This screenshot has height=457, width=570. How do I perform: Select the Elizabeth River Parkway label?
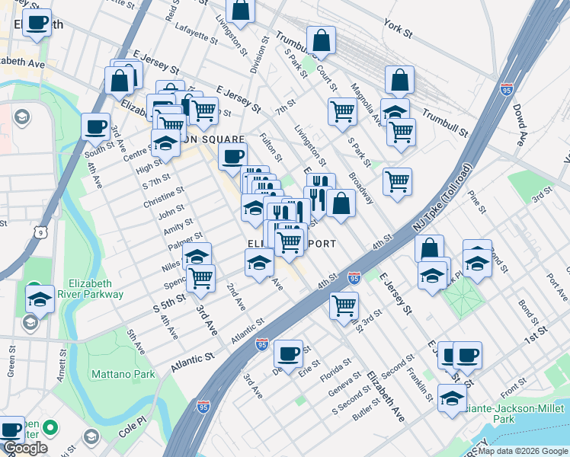pos(95,288)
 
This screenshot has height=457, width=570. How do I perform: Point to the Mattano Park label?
pos(123,374)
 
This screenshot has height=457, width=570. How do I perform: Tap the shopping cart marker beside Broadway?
pos(397,181)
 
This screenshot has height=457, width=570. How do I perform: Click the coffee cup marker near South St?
pos(95,126)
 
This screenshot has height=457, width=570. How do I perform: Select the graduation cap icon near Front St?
pos(452,398)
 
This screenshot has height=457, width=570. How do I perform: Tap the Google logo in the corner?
pos(26,448)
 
